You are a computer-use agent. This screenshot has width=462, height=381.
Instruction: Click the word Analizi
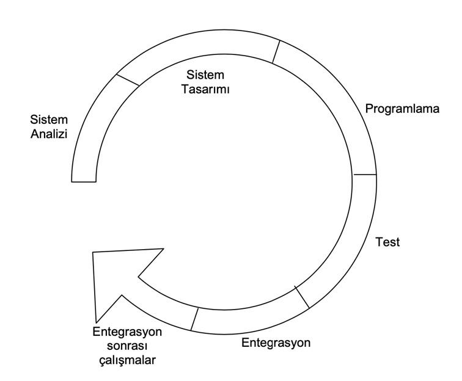[x=49, y=133]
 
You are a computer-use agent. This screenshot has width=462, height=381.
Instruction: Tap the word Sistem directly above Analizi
[x=49, y=119]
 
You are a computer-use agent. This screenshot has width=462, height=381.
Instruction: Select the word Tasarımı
[x=206, y=89]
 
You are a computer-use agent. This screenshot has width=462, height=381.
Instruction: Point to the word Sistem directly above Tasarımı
[x=206, y=75]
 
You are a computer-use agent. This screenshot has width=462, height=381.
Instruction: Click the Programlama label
[x=403, y=109]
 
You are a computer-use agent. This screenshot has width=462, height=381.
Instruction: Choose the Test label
[x=387, y=242]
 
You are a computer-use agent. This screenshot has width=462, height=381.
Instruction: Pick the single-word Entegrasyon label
[x=276, y=343]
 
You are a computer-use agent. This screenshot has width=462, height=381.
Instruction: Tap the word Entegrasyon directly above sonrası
[x=127, y=332]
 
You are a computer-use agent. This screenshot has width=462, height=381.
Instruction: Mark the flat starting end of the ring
[x=84, y=181]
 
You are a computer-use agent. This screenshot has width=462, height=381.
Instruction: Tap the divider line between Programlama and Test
[x=365, y=175]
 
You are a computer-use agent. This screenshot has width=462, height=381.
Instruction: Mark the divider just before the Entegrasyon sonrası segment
[x=195, y=319]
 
